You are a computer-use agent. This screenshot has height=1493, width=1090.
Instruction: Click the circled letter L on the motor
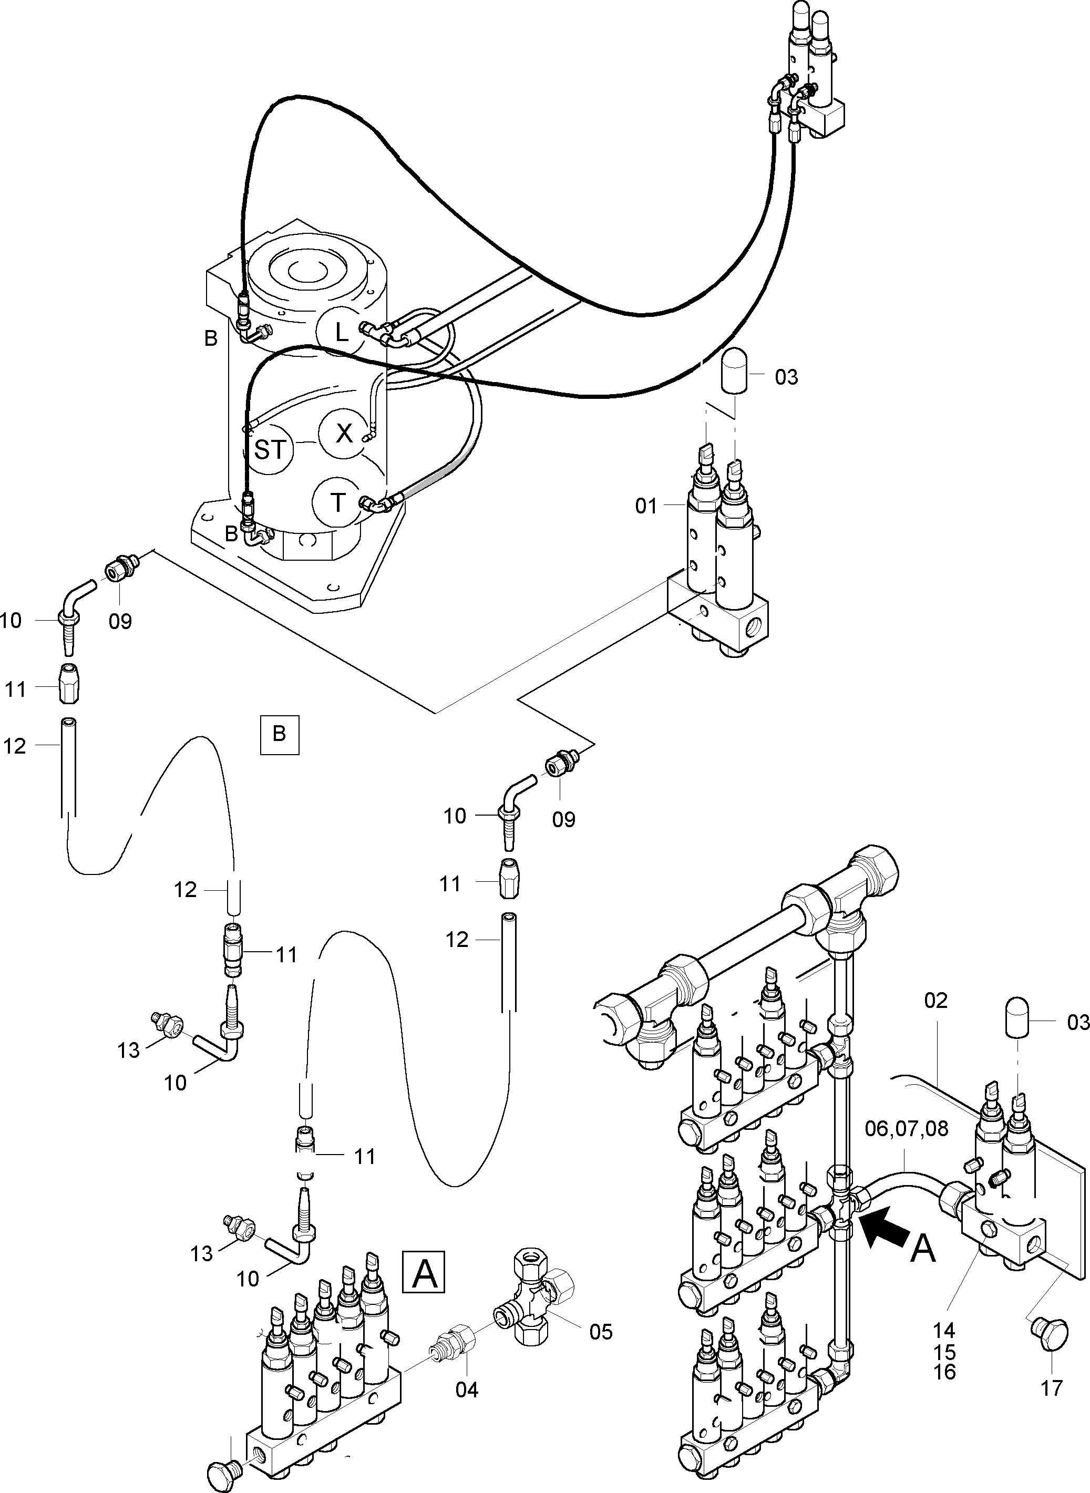341,332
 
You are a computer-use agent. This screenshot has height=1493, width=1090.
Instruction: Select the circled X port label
344,434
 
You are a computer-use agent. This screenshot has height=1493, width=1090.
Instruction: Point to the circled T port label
337,503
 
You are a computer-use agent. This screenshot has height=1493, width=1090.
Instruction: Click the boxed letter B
279,734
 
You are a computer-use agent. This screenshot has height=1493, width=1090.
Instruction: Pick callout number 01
646,506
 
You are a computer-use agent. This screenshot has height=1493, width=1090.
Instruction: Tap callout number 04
467,1389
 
